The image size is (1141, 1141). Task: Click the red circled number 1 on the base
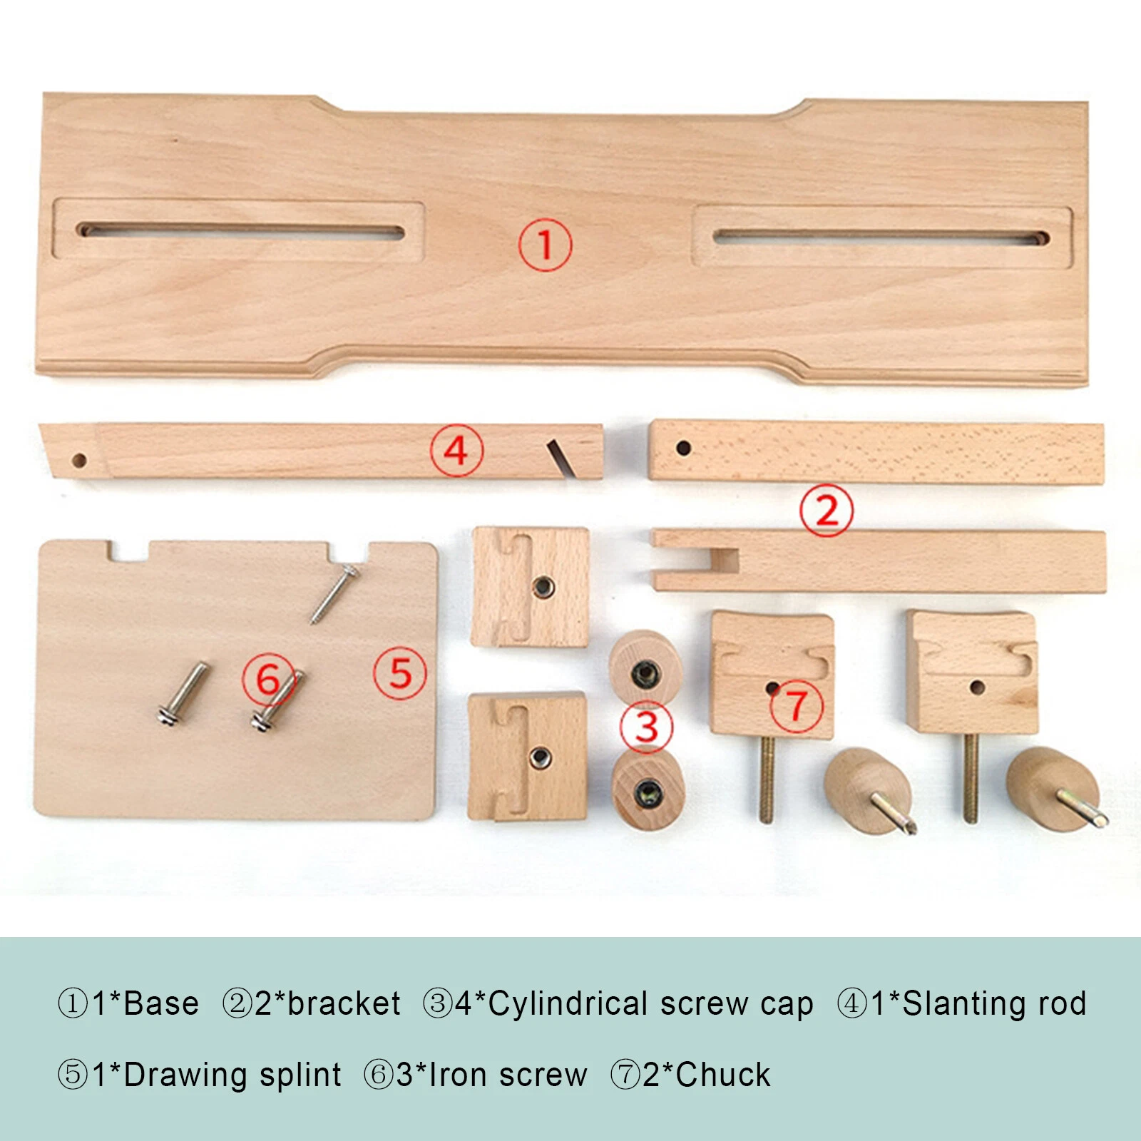545,245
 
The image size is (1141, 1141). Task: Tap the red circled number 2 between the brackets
827,511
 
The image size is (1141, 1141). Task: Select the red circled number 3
646,727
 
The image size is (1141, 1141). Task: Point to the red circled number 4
456,451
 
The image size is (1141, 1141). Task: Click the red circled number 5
400,673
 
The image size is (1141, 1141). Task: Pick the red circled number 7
797,706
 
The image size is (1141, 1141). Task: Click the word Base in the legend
161,1003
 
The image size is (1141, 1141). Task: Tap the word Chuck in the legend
723,1075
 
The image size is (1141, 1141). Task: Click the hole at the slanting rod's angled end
80,460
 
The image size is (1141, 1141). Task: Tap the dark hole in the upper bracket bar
683,449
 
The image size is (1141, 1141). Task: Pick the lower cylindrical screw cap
648,789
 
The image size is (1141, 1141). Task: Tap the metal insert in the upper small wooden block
543,587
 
